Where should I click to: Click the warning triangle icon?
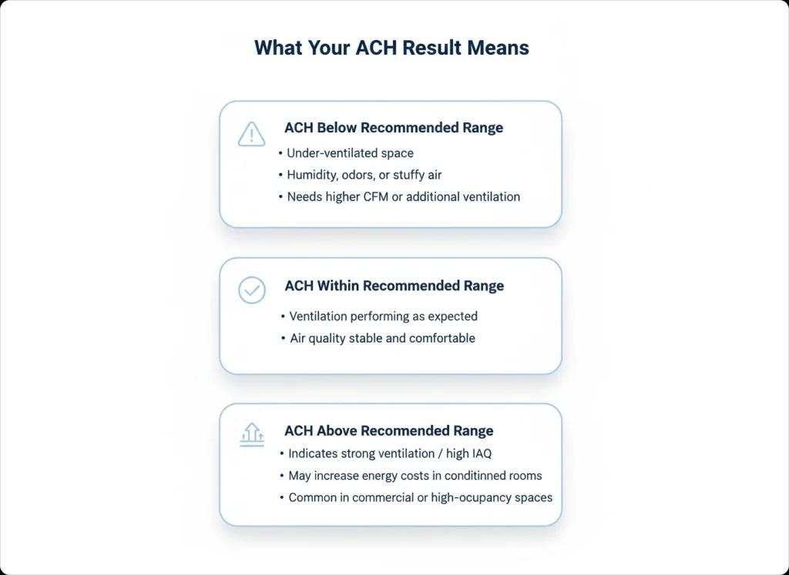coord(251,134)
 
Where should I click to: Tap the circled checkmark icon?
coord(251,290)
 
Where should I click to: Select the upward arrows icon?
coord(251,435)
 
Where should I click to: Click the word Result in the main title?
coord(433,48)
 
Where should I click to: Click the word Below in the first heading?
coord(337,128)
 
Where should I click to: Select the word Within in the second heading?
coord(337,286)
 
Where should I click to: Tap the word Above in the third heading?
coord(337,431)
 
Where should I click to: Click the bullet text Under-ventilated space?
coord(350,153)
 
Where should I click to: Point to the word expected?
coord(451,316)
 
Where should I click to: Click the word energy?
coord(378,476)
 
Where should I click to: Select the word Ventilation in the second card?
coord(318,316)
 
